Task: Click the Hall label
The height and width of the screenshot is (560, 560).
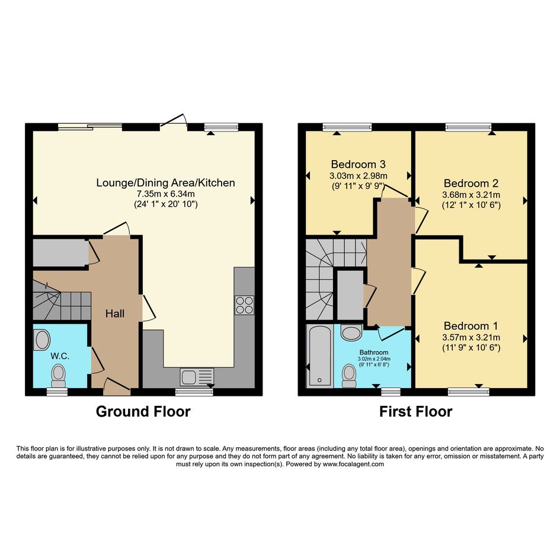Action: [114, 313]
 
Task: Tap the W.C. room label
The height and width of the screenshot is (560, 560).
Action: [60, 356]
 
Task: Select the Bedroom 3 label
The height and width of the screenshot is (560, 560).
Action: [358, 164]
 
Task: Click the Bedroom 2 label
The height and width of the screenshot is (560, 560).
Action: [471, 183]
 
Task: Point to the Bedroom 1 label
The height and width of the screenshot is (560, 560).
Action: [471, 326]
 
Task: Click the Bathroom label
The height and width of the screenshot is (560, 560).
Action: [374, 353]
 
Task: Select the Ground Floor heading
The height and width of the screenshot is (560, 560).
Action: [143, 411]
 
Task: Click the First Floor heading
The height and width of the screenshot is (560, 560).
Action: [416, 411]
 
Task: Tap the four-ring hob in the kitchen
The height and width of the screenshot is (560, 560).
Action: [244, 305]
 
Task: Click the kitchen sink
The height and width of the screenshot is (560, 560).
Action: [197, 377]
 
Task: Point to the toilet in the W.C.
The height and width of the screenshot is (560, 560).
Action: [59, 376]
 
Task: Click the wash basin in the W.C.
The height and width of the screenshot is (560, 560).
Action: [42, 340]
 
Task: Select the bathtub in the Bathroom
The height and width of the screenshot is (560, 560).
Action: [319, 356]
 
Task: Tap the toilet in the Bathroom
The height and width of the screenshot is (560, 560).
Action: [348, 376]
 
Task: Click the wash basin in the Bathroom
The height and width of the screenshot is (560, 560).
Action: [351, 332]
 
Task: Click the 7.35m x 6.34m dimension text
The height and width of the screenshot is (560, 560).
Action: [166, 194]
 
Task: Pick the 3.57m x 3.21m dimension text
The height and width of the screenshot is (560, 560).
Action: [471, 337]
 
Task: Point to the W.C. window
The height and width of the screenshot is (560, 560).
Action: [57, 392]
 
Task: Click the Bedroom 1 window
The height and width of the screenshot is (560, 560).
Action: [469, 392]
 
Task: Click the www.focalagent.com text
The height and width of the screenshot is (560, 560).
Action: [353, 464]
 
